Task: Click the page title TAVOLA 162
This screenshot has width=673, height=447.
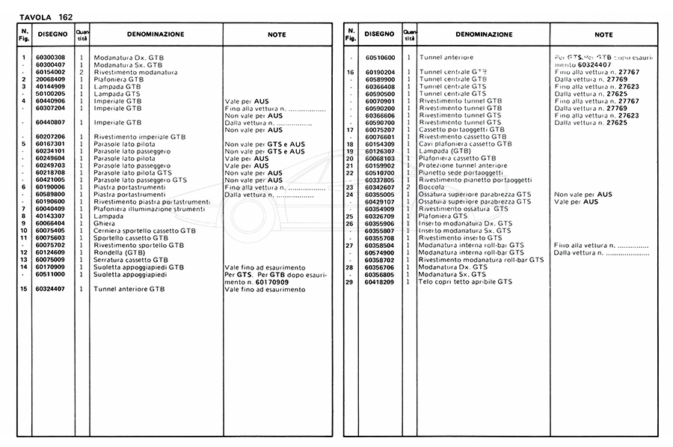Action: pyautogui.click(x=46, y=16)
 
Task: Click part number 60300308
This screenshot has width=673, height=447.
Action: pyautogui.click(x=49, y=58)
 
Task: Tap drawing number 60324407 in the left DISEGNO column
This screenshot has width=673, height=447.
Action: pyautogui.click(x=49, y=289)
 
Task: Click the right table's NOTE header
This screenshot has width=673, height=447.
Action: pyautogui.click(x=603, y=34)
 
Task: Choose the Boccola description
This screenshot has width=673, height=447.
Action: pyautogui.click(x=433, y=186)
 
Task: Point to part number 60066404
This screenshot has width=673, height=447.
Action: pyautogui.click(x=49, y=223)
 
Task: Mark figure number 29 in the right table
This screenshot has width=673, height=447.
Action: pyautogui.click(x=349, y=282)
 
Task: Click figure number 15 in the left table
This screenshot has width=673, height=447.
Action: pyautogui.click(x=24, y=289)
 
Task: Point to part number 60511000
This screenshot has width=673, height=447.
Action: pyautogui.click(x=49, y=274)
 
